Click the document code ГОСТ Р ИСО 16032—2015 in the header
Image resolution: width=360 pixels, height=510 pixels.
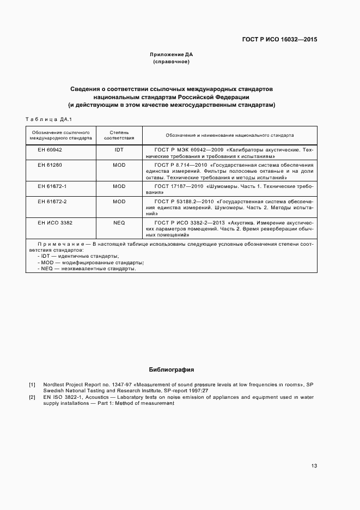pyautogui.click(x=279, y=39)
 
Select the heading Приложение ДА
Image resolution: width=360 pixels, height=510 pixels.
pyautogui.click(x=171, y=55)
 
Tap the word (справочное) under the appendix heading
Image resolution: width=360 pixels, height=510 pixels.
pyautogui.click(x=171, y=62)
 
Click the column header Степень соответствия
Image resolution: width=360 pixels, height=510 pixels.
pyautogui.click(x=119, y=135)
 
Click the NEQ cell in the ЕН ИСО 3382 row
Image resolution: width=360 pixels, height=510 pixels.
pyautogui.click(x=119, y=223)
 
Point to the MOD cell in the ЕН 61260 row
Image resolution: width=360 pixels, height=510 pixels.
pyautogui.click(x=119, y=165)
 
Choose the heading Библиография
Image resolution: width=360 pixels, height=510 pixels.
pyautogui.click(x=171, y=369)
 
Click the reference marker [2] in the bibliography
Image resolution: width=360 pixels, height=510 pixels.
pyautogui.click(x=32, y=397)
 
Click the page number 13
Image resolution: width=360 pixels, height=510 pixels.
pyautogui.click(x=314, y=466)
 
